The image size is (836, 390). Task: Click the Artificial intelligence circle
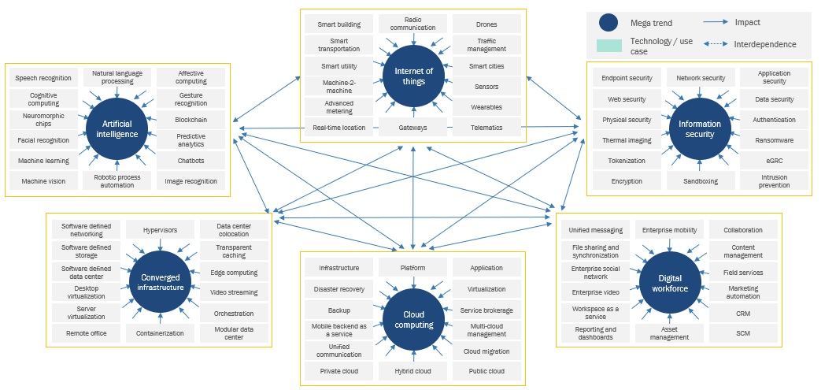(118, 128)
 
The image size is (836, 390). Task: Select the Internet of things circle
(413, 76)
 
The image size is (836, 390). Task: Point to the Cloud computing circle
(413, 318)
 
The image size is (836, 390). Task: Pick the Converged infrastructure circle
(161, 282)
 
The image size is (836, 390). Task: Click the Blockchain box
(191, 120)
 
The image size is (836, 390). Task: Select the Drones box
(486, 24)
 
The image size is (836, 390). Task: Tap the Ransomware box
(774, 140)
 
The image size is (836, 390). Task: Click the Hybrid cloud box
(413, 370)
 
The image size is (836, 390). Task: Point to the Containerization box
(161, 333)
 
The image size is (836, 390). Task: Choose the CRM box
(742, 313)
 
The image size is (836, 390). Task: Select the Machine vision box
(44, 181)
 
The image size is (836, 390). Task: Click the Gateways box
(413, 128)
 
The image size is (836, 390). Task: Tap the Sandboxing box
(701, 181)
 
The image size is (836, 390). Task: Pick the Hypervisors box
(161, 230)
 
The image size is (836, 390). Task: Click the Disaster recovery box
(340, 289)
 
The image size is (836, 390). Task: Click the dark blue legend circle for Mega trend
(609, 23)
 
